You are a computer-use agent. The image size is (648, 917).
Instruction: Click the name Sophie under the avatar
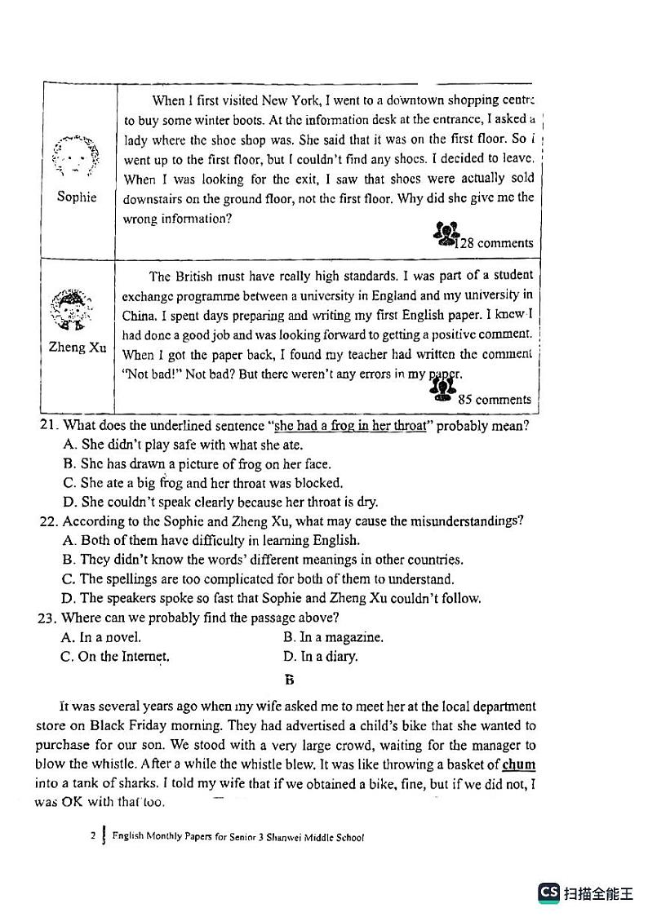click(x=77, y=197)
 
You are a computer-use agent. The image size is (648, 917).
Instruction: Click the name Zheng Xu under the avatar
click(x=78, y=348)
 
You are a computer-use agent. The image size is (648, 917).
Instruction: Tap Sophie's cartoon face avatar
click(x=76, y=156)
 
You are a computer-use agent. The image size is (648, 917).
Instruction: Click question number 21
click(x=49, y=426)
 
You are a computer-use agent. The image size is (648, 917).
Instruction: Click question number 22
click(x=49, y=521)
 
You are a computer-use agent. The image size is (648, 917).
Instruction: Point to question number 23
click(x=48, y=618)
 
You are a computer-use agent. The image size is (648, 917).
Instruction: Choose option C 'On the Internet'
click(x=115, y=657)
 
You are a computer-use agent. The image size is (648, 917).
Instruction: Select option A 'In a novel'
click(x=101, y=637)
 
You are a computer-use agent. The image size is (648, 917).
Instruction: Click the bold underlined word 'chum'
click(x=519, y=765)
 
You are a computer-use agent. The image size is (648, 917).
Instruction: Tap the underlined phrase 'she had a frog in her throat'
click(x=350, y=426)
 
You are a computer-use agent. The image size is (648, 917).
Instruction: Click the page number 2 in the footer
click(x=94, y=836)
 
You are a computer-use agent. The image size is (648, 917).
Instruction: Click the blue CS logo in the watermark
click(x=549, y=893)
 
